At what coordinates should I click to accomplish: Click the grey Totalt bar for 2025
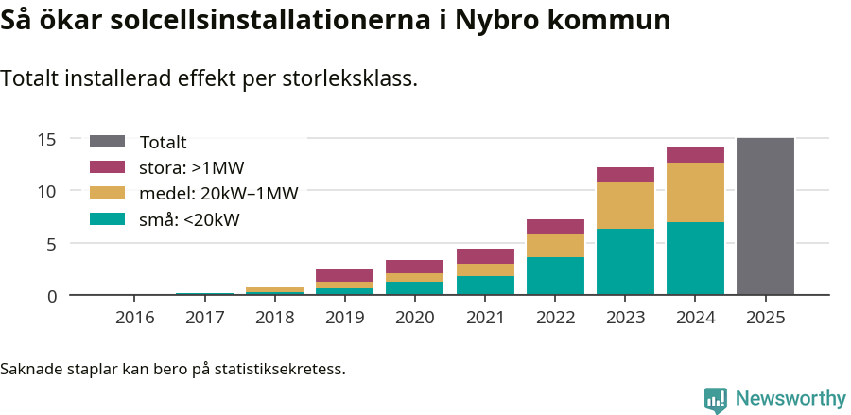pos(765,216)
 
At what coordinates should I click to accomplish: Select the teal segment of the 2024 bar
pos(695,258)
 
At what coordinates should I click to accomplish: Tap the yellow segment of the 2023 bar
pos(625,205)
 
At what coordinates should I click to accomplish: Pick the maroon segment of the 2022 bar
pos(555,227)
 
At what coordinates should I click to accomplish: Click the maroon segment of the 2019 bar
pos(344,275)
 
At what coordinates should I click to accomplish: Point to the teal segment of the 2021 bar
pos(485,285)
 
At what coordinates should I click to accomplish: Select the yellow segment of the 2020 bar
pos(414,277)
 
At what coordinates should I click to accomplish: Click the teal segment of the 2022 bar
pos(555,276)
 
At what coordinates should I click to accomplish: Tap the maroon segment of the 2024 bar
pos(695,155)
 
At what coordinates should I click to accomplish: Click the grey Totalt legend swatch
pos(107,142)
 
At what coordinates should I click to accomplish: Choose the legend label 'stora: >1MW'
pos(191,168)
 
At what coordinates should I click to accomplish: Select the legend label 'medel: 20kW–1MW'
pos(218,194)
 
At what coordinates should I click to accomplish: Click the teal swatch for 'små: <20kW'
pos(107,219)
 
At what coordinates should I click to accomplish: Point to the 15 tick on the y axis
pos(47,139)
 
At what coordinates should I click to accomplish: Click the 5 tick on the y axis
pos(52,243)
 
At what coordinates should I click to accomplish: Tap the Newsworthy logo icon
pos(716,399)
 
